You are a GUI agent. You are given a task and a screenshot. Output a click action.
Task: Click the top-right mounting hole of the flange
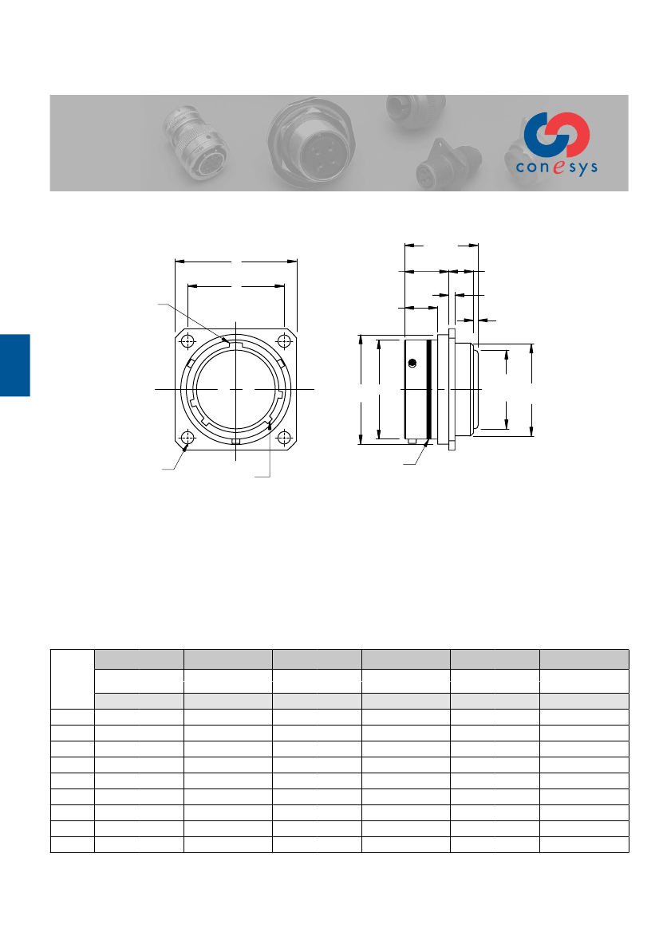point(284,341)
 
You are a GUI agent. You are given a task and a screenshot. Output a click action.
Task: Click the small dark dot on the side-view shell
point(412,364)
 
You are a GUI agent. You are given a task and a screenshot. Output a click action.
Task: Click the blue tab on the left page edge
point(14,365)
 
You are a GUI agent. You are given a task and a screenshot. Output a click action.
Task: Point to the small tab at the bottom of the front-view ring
point(236,441)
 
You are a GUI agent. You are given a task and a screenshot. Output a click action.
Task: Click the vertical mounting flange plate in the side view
point(452,390)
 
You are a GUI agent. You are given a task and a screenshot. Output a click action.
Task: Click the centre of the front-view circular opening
point(236,389)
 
